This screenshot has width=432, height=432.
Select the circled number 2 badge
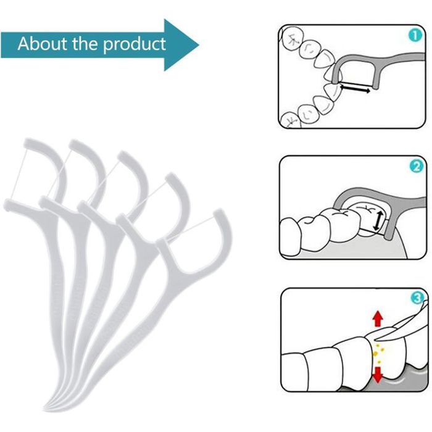click(x=415, y=166)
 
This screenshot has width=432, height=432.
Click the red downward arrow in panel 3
click(x=377, y=375)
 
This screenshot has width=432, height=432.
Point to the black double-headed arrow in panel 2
click(x=378, y=217)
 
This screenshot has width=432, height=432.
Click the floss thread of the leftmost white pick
click(x=20, y=173)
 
